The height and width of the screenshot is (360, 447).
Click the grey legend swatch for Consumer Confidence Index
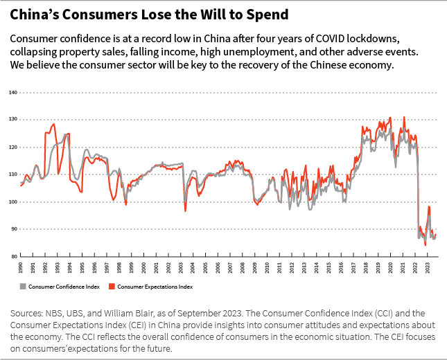(x=23, y=286)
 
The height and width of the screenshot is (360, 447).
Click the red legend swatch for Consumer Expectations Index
(x=113, y=286)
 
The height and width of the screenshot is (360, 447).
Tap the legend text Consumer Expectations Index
(x=155, y=286)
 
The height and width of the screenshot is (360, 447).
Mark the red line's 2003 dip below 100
(x=185, y=210)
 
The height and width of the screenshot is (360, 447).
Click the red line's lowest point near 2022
(x=425, y=244)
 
